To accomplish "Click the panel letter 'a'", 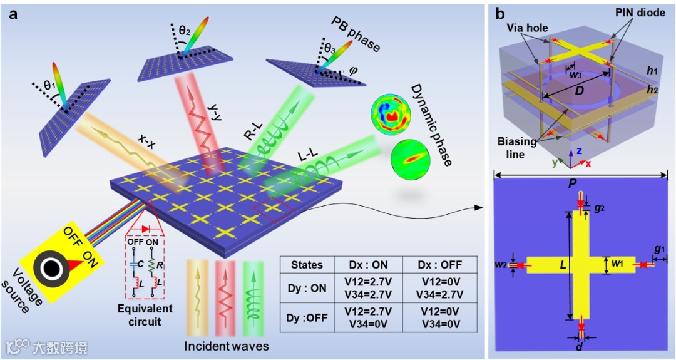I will pyautogui.click(x=13, y=14).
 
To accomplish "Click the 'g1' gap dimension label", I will pyautogui.click(x=659, y=249).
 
